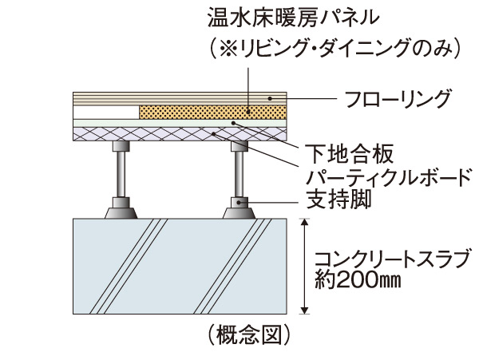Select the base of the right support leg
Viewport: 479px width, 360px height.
coord(239,211)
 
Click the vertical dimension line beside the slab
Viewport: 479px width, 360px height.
coord(303,267)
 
